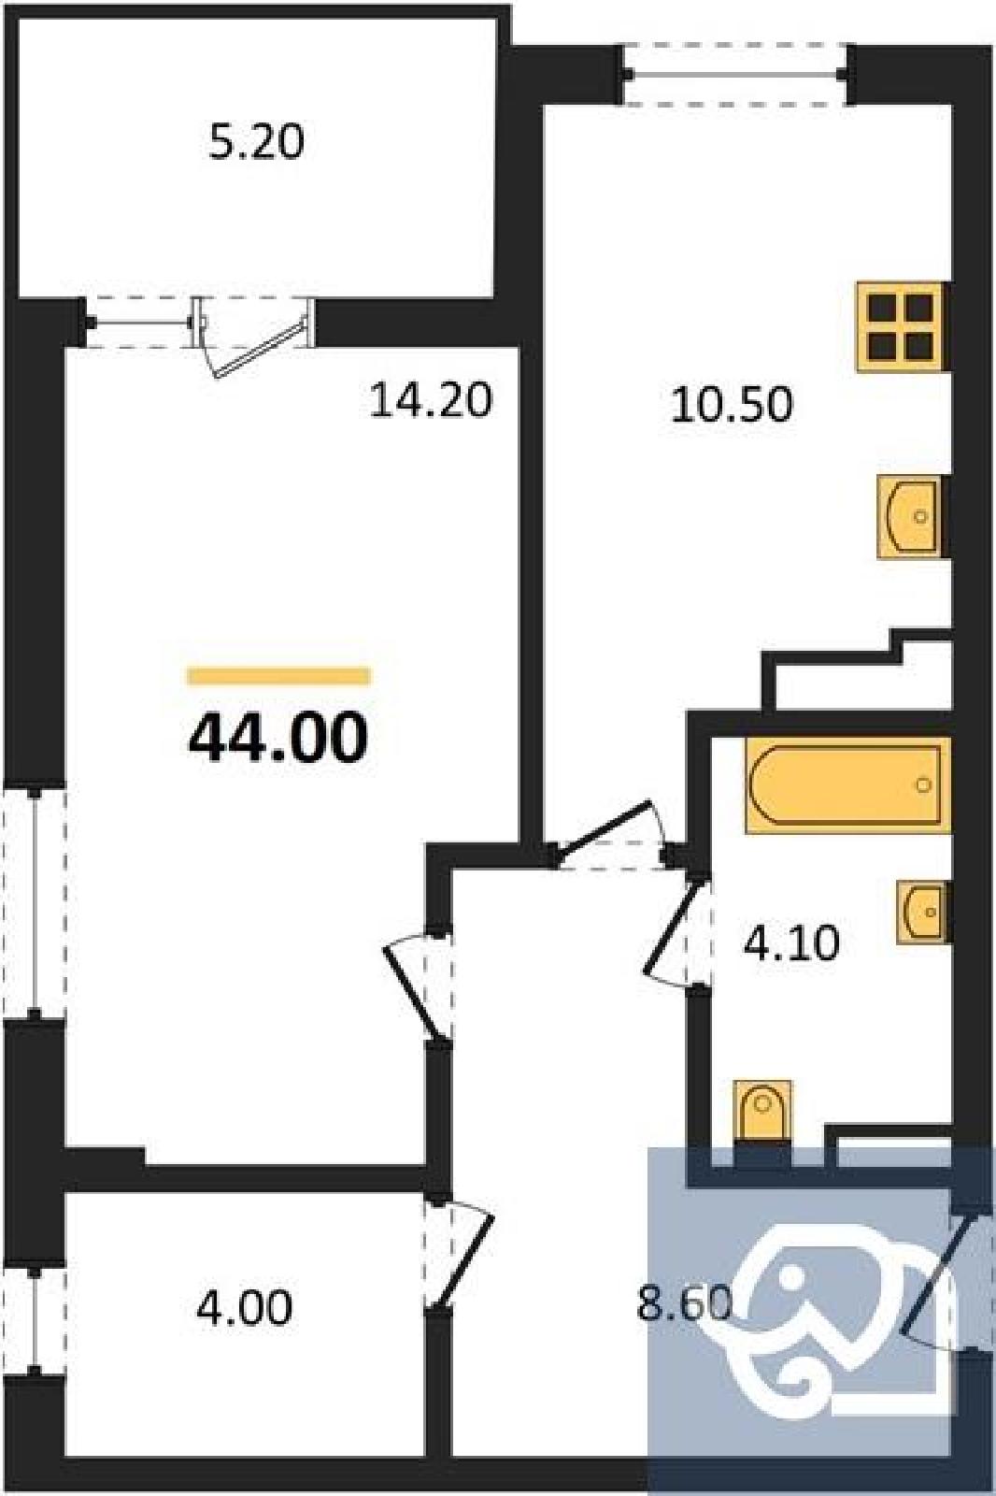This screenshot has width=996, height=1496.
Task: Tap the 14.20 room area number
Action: (431, 401)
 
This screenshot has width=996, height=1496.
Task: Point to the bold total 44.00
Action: (278, 738)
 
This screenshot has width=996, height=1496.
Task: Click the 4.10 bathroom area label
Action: (790, 944)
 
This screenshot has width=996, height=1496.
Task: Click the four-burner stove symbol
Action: (902, 326)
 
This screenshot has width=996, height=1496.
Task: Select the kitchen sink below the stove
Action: (912, 517)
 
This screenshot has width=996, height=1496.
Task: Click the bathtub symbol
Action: (847, 785)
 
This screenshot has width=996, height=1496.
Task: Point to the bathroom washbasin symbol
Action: (922, 912)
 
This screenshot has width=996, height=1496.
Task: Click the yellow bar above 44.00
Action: (279, 676)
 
